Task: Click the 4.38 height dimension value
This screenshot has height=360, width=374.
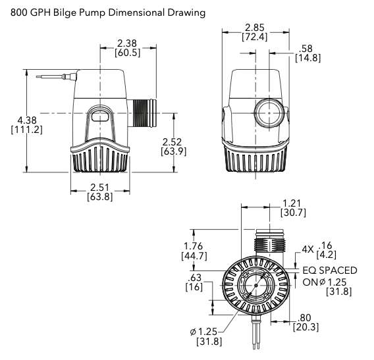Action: [27, 120]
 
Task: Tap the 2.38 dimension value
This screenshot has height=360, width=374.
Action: [127, 43]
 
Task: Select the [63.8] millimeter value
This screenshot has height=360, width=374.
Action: [99, 197]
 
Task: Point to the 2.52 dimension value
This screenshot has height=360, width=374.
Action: [172, 142]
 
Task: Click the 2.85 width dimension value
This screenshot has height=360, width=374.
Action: [255, 28]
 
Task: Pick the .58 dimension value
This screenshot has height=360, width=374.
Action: [306, 49]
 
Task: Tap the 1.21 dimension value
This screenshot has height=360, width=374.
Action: [292, 203]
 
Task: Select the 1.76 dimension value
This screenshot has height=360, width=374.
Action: [193, 246]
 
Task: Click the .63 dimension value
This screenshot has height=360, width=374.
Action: [194, 278]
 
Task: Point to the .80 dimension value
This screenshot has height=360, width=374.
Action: [304, 318]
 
